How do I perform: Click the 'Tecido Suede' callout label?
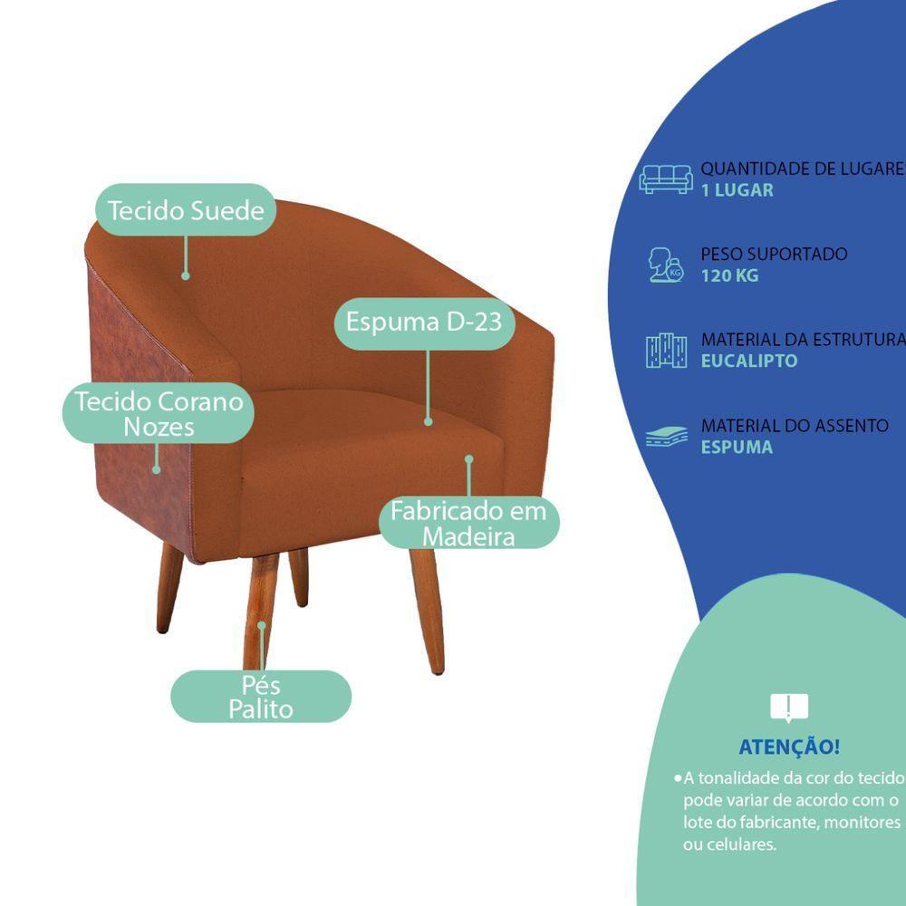coord(186,210)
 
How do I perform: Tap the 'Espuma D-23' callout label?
coord(424,322)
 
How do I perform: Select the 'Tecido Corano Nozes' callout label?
coord(159,413)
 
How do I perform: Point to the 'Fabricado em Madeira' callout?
coord(468,523)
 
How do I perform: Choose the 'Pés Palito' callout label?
coord(261,696)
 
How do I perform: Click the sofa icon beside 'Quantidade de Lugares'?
coord(666,178)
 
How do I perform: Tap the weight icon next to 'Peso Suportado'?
coord(666,264)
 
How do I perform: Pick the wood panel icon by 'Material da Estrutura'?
coord(666,351)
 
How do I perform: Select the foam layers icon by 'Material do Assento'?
coord(666,437)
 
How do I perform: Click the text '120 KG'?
coord(729,275)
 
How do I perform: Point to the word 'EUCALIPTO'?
coord(749,361)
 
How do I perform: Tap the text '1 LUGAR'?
coord(737,190)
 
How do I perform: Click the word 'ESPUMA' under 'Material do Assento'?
coord(737,447)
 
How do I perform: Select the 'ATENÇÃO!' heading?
coord(789,747)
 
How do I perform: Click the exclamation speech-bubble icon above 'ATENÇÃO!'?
coord(788,708)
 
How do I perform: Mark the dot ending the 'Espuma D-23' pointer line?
coord(428,421)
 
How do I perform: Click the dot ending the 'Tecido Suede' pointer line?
coord(186,275)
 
